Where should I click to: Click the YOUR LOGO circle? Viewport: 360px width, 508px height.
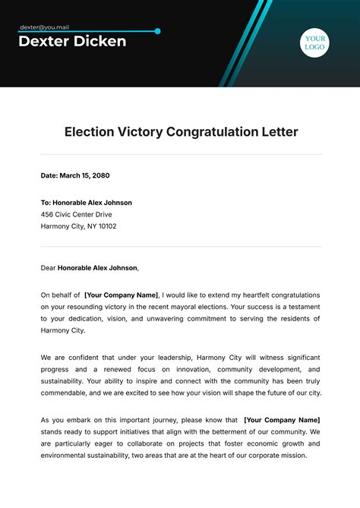click(x=314, y=43)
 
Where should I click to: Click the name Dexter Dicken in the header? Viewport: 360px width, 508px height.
click(x=72, y=42)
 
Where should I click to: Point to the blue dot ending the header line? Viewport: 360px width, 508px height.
click(x=157, y=31)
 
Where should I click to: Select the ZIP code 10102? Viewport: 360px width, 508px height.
click(x=106, y=226)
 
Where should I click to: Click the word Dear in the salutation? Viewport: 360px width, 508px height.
click(x=49, y=267)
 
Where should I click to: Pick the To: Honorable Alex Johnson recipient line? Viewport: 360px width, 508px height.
click(x=86, y=203)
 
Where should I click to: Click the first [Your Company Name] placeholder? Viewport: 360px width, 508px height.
click(x=122, y=295)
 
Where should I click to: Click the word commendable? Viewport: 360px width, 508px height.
click(x=65, y=393)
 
